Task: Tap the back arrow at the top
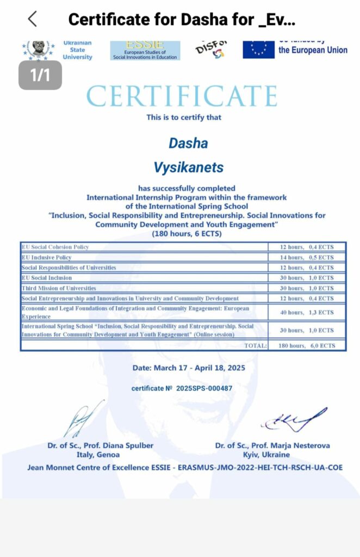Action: (x=32, y=19)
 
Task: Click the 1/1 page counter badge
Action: (x=40, y=75)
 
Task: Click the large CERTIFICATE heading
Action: (x=182, y=96)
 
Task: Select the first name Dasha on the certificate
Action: (x=188, y=143)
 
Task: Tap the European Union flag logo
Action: (x=258, y=49)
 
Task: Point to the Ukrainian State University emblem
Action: (x=38, y=48)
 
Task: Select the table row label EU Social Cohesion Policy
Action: (x=55, y=247)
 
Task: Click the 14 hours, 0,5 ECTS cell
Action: (x=308, y=257)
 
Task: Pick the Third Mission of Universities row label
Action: (x=59, y=288)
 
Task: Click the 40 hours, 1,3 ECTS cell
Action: (x=308, y=312)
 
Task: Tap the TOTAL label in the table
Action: (x=256, y=345)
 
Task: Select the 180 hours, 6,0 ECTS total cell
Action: (x=308, y=345)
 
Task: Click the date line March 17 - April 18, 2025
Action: (x=189, y=368)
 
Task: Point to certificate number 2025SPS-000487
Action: (x=182, y=388)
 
